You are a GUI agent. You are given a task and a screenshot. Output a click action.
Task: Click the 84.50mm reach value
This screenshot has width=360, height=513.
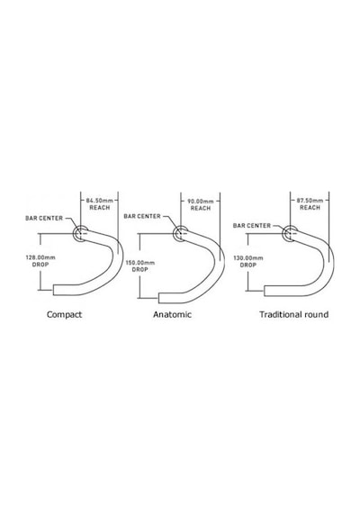100,200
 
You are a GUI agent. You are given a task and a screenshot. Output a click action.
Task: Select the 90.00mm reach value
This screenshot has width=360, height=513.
201,202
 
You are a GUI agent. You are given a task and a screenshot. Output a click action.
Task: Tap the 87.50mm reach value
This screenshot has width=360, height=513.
310,200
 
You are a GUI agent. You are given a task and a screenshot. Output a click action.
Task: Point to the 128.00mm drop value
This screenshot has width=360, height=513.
40,257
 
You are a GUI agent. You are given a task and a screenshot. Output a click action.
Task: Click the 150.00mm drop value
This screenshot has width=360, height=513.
140,263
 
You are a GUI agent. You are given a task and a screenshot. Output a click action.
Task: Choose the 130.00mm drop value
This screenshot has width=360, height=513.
248,258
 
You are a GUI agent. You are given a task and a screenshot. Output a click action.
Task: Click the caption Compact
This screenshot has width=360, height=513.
64,315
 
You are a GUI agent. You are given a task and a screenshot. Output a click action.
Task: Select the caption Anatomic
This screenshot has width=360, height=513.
172,315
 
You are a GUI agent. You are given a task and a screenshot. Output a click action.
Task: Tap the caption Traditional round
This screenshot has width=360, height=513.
294,315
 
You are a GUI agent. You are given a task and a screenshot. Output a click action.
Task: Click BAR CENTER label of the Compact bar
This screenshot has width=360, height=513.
44,218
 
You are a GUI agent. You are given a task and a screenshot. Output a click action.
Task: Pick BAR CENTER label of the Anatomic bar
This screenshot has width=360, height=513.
142,216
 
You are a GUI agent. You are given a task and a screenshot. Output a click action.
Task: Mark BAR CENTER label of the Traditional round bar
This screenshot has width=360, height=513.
252,226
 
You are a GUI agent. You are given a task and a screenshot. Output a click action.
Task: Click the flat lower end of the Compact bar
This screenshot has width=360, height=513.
54,290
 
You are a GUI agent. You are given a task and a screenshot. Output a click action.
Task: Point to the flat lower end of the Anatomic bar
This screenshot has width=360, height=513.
159,298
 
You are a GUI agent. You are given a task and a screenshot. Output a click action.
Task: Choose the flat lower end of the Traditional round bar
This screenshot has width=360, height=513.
265,291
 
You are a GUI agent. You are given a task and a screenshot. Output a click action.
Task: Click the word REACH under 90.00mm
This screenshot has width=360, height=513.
201,209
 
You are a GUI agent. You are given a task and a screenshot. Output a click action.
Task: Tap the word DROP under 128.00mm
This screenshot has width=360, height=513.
40,265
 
